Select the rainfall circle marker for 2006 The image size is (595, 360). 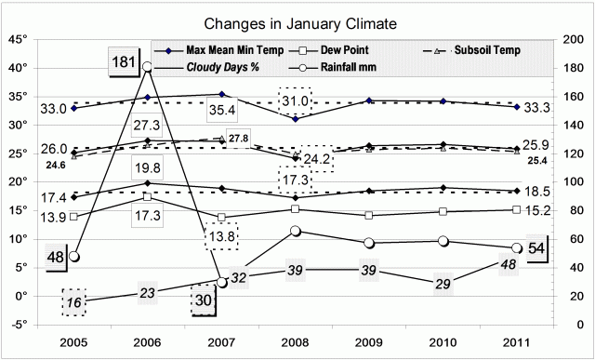click(x=147, y=66)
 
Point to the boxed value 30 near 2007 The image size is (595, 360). click(x=204, y=301)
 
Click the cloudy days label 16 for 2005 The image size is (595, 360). click(x=74, y=301)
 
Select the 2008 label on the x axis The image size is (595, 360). click(x=295, y=340)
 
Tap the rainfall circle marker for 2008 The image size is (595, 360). click(x=295, y=231)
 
